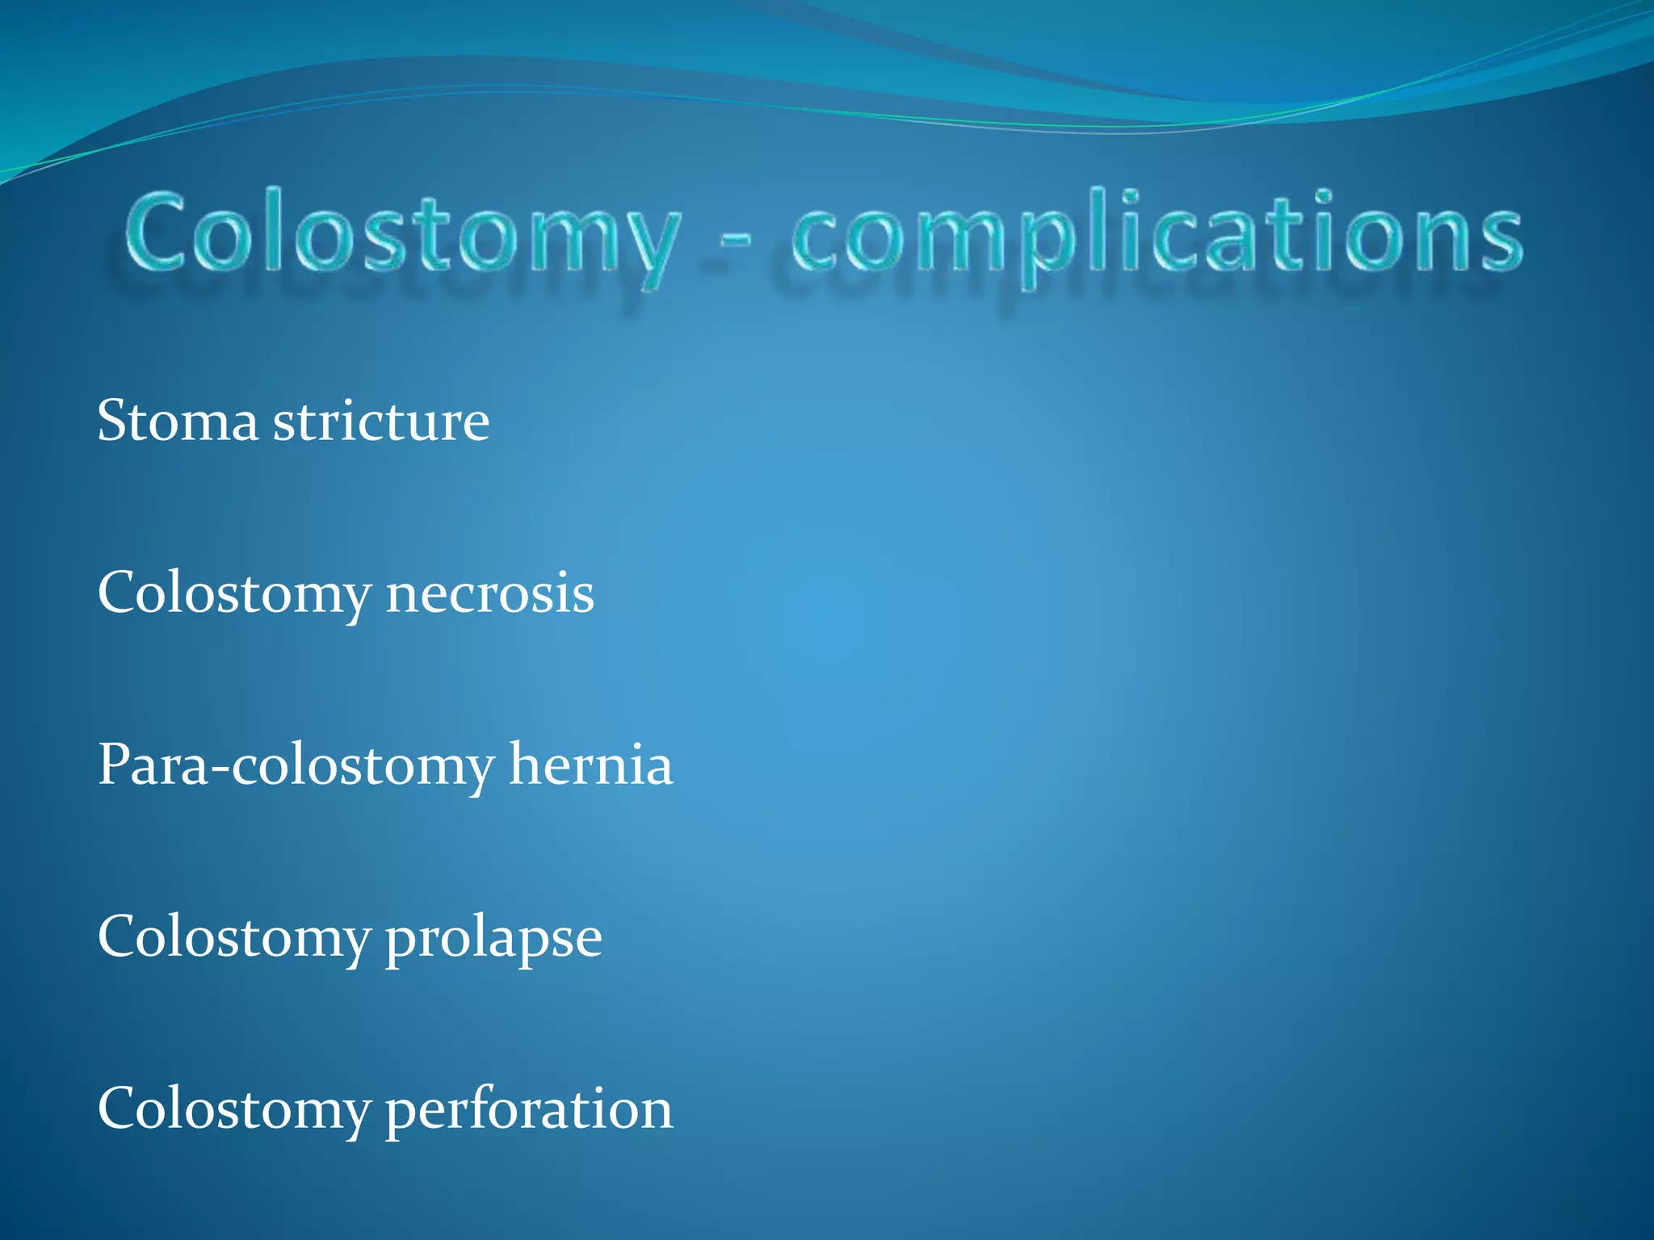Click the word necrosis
pyautogui.click(x=489, y=593)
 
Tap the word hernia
pyautogui.click(x=590, y=765)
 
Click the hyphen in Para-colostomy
pyautogui.click(x=219, y=769)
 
